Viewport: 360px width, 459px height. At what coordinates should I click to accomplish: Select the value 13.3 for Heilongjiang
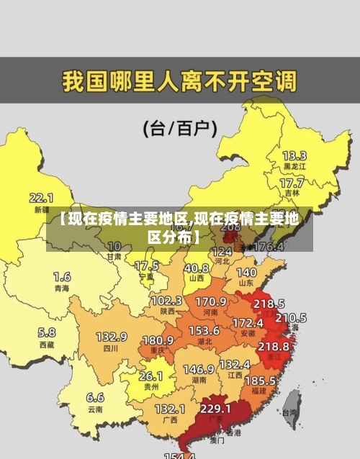[294, 155]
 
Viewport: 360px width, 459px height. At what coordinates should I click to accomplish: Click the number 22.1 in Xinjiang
[41, 197]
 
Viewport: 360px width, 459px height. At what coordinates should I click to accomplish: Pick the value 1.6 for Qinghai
[62, 276]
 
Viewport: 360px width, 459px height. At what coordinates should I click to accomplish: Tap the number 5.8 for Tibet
[46, 332]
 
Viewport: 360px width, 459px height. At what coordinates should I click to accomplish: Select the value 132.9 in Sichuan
[112, 337]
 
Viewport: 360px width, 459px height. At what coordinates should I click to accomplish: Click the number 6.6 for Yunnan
[95, 397]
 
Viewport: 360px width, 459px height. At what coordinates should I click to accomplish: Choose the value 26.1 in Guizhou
[150, 376]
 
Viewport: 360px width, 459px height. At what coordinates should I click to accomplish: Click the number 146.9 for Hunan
[199, 369]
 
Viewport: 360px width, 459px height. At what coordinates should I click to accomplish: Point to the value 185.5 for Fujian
[259, 380]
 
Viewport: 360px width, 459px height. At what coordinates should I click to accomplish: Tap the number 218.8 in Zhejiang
[273, 346]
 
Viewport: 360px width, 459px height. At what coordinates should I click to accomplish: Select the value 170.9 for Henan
[211, 301]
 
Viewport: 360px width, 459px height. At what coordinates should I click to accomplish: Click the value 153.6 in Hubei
[204, 330]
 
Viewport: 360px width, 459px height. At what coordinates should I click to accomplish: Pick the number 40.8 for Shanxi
[197, 268]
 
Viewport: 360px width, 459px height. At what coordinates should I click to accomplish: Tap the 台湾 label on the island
[289, 413]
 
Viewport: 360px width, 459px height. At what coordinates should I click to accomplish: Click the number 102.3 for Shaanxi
[166, 301]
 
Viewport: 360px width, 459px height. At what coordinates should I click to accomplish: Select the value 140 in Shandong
[246, 273]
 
